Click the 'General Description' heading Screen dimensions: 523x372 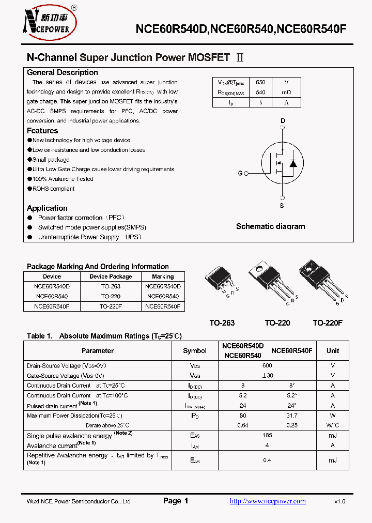coord(62,73)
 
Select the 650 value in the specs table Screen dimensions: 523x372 coord(260,82)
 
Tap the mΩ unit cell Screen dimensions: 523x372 coord(286,93)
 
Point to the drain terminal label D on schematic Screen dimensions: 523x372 coord(282,121)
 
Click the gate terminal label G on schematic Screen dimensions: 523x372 coord(240,173)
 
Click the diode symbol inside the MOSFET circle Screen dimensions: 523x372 coord(293,163)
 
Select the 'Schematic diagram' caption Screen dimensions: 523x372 coord(270,226)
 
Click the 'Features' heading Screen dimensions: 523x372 coord(42,131)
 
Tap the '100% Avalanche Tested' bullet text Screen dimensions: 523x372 coord(63,179)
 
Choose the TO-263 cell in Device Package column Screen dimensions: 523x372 coord(111,286)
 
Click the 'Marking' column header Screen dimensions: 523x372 coord(163,276)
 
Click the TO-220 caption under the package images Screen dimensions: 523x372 coord(277,323)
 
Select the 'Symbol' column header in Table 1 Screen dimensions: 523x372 coord(195,350)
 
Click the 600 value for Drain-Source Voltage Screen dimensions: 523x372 coord(268,365)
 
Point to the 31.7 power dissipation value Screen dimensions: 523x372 coord(292,416)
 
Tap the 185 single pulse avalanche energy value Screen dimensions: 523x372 coord(268,436)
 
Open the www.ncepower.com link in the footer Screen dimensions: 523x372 coord(267,501)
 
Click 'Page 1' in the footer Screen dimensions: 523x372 coord(176,501)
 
